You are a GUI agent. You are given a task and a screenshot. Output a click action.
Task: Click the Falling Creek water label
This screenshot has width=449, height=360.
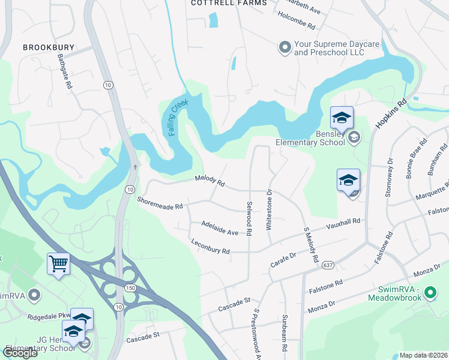pyautogui.click(x=178, y=117)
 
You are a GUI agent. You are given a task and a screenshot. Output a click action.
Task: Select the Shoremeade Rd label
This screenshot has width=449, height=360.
pyautogui.click(x=159, y=203)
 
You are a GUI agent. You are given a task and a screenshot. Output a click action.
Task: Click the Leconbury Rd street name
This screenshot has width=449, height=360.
pyautogui.click(x=210, y=248)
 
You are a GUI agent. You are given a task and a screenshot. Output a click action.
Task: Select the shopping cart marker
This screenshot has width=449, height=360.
pyautogui.click(x=58, y=263)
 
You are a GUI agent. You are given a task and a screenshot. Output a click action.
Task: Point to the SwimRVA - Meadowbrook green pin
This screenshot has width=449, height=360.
pyautogui.click(x=429, y=293)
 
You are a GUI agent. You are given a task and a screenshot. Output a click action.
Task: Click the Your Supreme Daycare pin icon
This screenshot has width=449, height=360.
pyautogui.click(x=285, y=46)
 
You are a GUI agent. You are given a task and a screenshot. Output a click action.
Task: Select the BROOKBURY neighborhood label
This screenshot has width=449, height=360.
pyautogui.click(x=46, y=47)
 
